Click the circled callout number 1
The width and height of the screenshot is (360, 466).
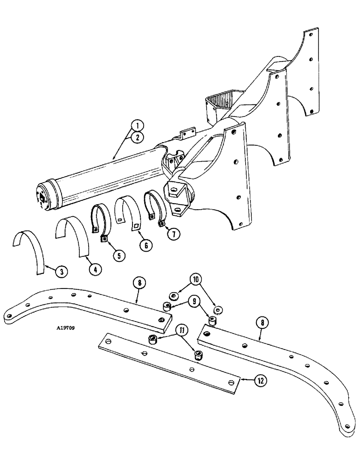tap(137, 125)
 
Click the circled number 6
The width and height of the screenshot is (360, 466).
tap(146, 244)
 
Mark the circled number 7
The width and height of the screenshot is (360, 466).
tap(173, 234)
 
